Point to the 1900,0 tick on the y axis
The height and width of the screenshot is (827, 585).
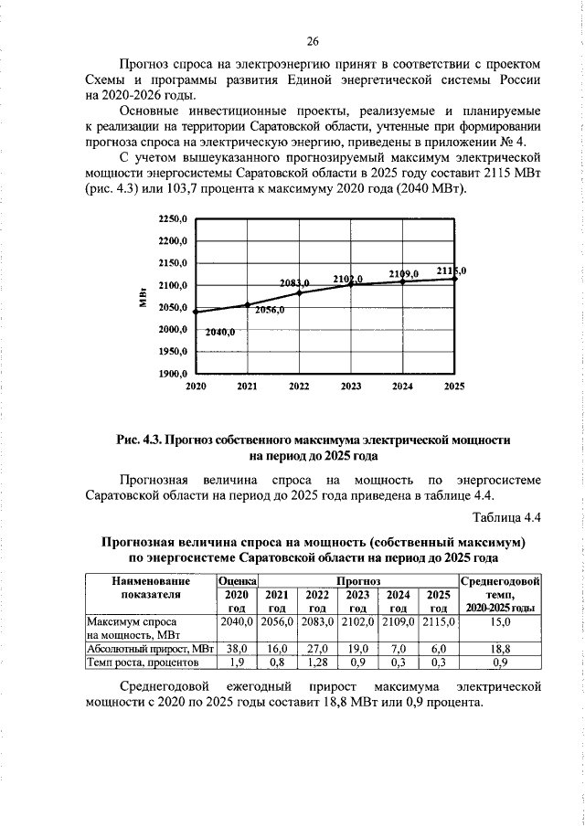tap(174, 375)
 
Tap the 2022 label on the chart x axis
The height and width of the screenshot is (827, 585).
tap(299, 387)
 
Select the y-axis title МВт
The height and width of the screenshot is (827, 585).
tap(144, 298)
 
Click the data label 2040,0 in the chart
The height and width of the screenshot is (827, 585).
tap(220, 332)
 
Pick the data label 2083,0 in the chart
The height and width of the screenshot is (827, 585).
tap(294, 283)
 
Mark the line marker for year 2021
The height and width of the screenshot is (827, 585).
tap(247, 304)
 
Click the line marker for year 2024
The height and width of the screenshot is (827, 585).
tap(402, 281)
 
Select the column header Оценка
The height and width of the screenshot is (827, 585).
tap(236, 580)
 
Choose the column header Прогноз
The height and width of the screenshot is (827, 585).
tap(357, 580)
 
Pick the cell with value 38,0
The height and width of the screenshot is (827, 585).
tap(236, 647)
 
